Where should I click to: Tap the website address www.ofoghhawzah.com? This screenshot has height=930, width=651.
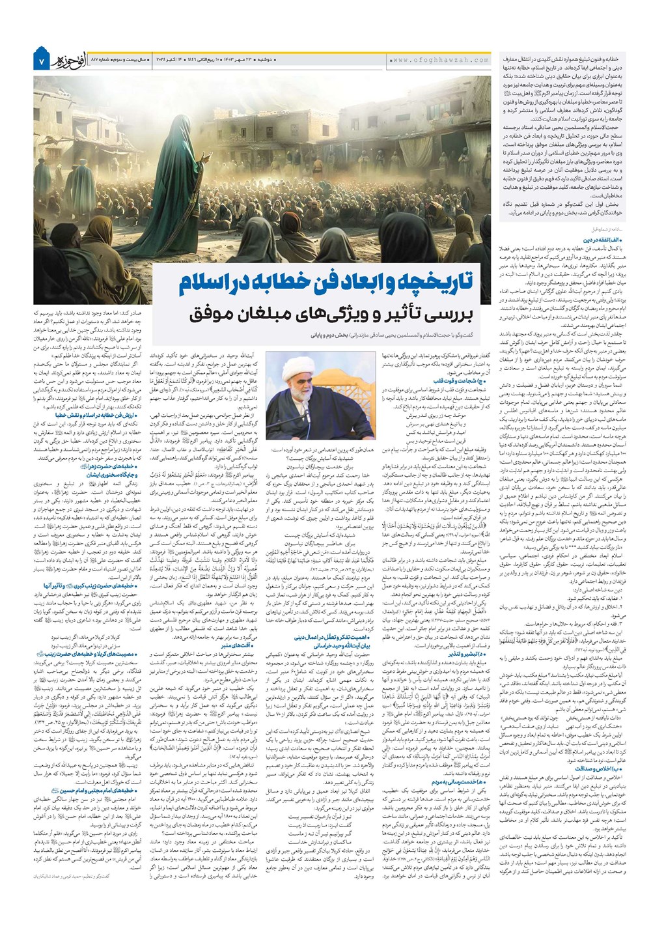coord(440,60)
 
